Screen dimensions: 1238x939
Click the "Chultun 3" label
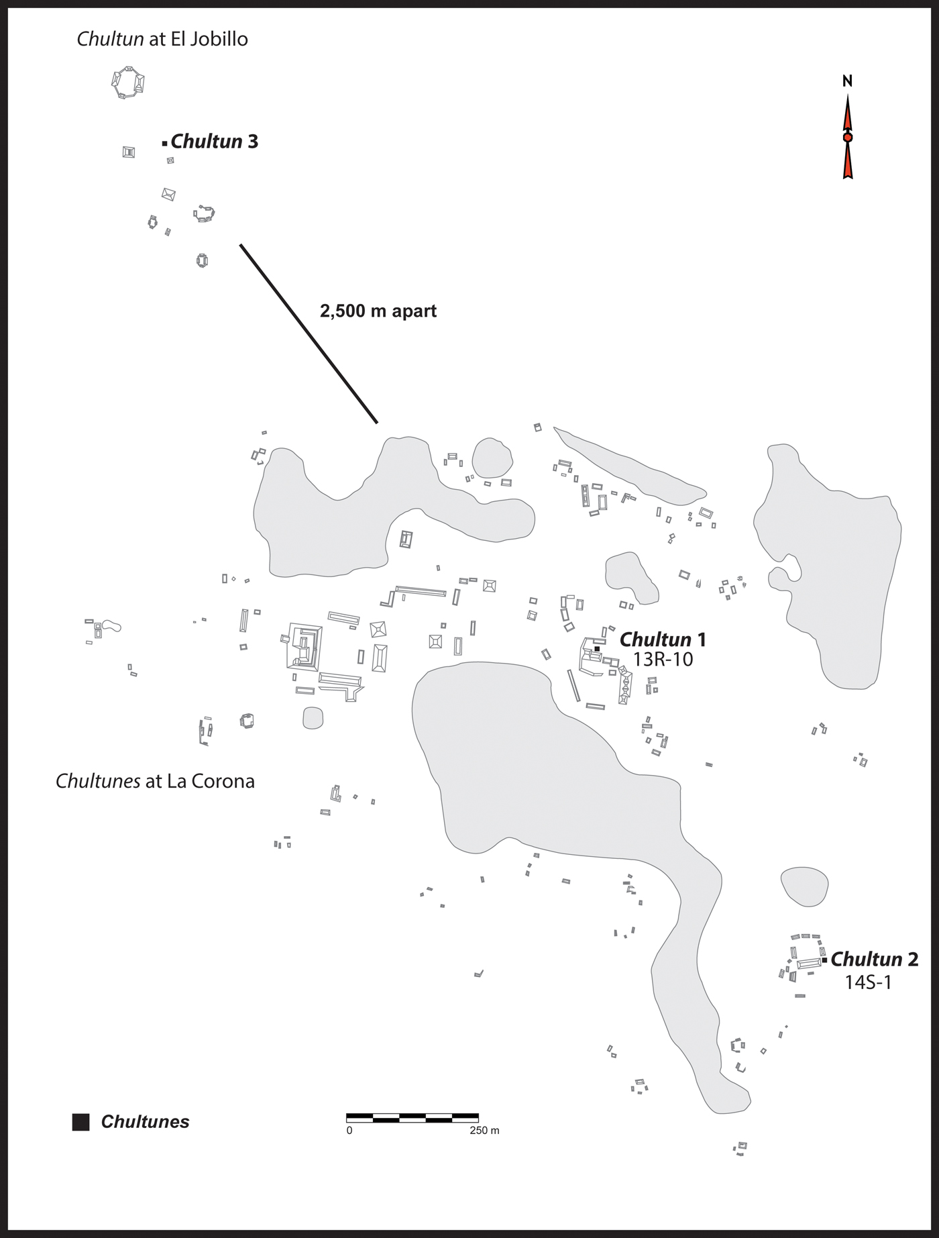pyautogui.click(x=214, y=142)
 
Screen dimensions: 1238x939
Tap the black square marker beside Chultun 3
pyautogui.click(x=164, y=143)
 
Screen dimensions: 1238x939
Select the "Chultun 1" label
pyautogui.click(x=662, y=639)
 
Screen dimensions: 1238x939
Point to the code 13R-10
pyautogui.click(x=663, y=660)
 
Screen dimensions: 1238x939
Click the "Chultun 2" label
pyautogui.click(x=874, y=960)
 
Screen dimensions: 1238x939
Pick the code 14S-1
pyautogui.click(x=868, y=982)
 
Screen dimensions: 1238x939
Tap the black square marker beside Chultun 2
pyautogui.click(x=824, y=960)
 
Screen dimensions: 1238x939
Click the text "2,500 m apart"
pyautogui.click(x=378, y=311)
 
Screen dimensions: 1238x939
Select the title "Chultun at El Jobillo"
pyautogui.click(x=162, y=39)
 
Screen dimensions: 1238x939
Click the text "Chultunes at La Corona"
pyautogui.click(x=155, y=781)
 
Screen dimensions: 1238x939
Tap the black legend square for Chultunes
pyautogui.click(x=81, y=1122)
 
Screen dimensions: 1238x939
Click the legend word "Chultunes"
pyautogui.click(x=145, y=1122)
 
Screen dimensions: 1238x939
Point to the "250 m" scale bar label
pyautogui.click(x=484, y=1131)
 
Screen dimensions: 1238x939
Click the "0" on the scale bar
pyautogui.click(x=349, y=1131)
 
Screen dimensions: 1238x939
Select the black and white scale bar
pyautogui.click(x=412, y=1118)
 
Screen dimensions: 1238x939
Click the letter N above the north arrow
pyautogui.click(x=847, y=81)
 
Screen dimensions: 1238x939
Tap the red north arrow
pyautogui.click(x=848, y=138)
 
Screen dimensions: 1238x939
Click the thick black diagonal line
pyautogui.click(x=309, y=333)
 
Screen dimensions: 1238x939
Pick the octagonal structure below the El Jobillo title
pyautogui.click(x=127, y=83)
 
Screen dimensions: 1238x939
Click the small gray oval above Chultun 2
pyautogui.click(x=804, y=886)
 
